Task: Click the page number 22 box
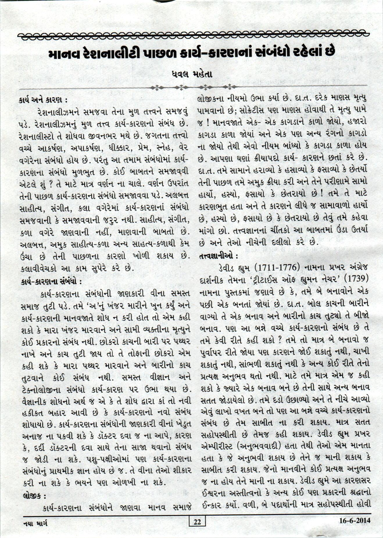tap(197, 522)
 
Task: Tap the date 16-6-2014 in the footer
tap(355, 521)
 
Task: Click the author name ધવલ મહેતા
tap(192, 74)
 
